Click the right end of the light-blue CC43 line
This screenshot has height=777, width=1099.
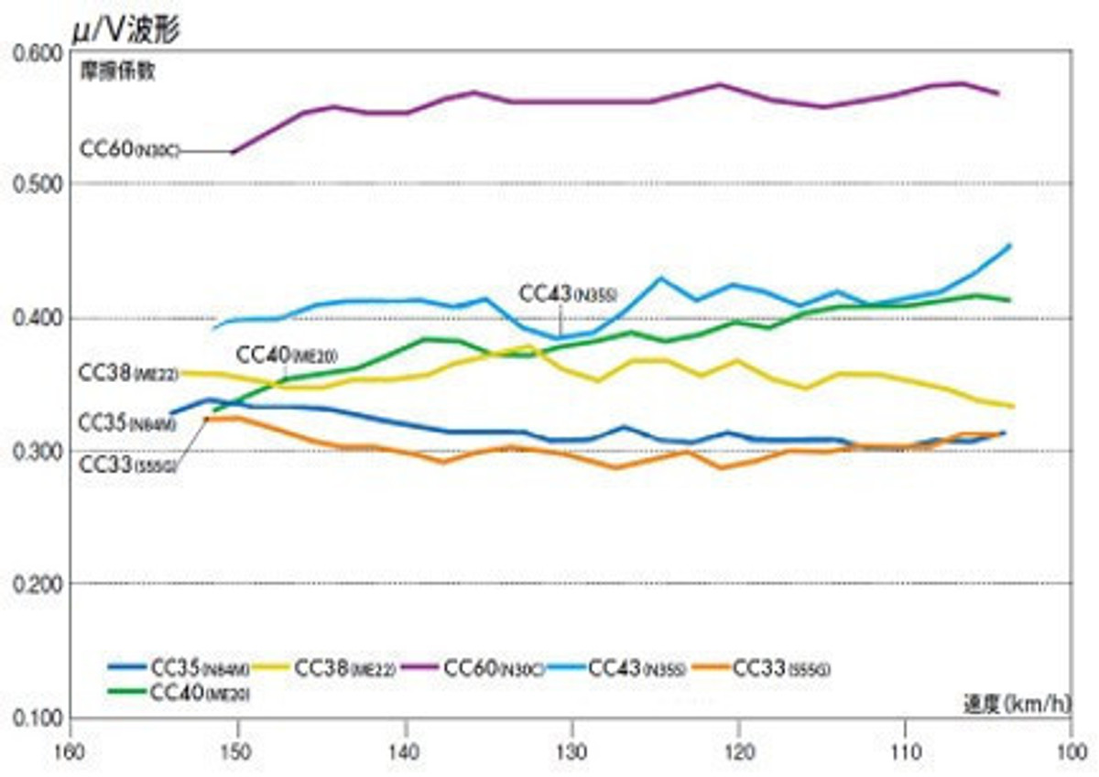1009,246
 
